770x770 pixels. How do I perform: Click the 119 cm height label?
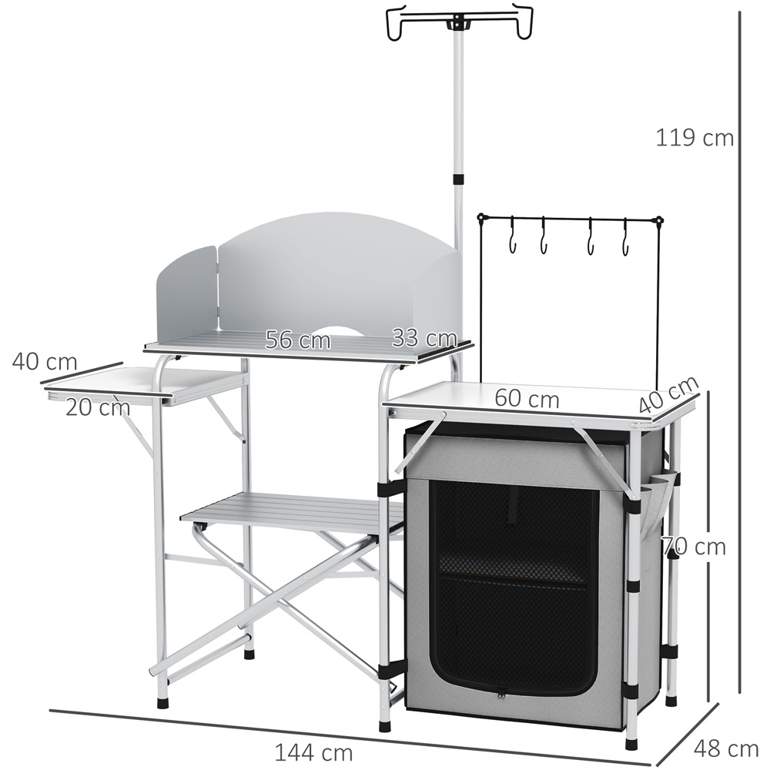[x=695, y=138]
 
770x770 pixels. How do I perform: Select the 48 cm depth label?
[x=726, y=749]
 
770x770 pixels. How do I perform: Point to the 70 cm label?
[x=694, y=547]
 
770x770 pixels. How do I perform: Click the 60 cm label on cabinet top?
[x=527, y=398]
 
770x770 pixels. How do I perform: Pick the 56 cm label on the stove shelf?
[x=298, y=340]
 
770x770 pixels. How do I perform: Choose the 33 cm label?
[x=425, y=338]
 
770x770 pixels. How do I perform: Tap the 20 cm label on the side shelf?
[x=98, y=407]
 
